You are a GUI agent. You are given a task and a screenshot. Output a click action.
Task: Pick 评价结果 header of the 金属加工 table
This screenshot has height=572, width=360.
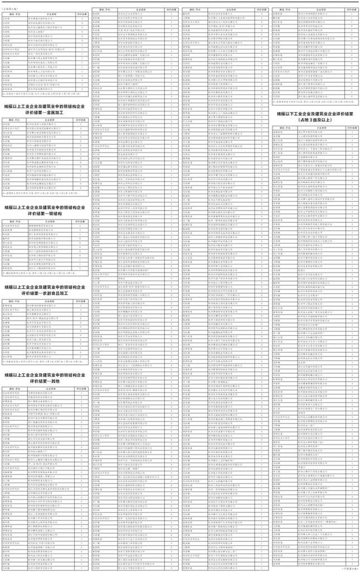click(80, 120)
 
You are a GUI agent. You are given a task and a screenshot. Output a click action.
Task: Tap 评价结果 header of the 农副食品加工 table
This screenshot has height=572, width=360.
click(80, 300)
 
